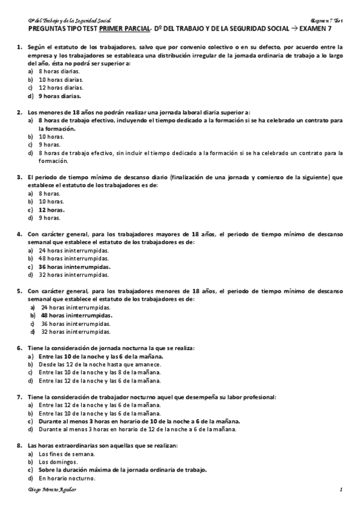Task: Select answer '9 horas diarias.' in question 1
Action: tap(59, 96)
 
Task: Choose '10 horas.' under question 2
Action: tap(51, 137)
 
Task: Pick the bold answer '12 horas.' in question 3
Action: tap(52, 210)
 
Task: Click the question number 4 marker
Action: tap(20, 234)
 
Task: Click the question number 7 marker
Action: tap(20, 397)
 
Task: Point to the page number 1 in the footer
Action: tap(340, 491)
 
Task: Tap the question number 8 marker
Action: tap(20, 445)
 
